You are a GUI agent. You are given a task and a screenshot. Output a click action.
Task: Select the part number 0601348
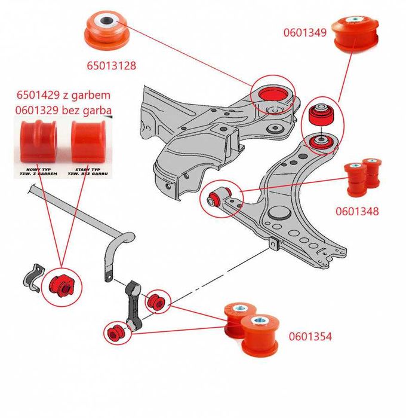(x=357, y=211)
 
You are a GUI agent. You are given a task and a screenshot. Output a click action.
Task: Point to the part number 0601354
(x=310, y=337)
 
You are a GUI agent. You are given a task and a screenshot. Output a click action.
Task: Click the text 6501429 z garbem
(x=64, y=95)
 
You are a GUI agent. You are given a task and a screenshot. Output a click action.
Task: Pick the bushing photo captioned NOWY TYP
(x=38, y=141)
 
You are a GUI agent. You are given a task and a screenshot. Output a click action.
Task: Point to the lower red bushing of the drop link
(x=115, y=330)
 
